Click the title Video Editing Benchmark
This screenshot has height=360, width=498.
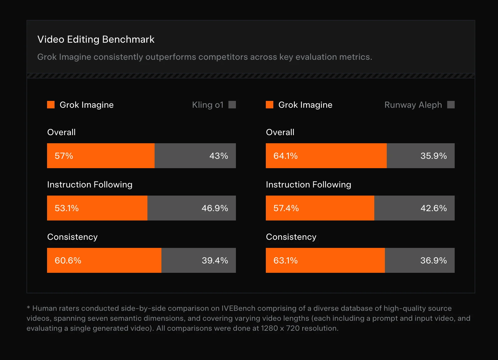tap(96, 40)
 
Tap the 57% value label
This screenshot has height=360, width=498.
tap(64, 156)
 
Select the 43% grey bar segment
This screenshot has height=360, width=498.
tap(195, 156)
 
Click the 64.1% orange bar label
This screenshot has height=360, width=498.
tap(285, 156)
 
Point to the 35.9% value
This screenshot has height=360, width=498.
tap(433, 156)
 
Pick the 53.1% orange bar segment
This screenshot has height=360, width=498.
tap(97, 208)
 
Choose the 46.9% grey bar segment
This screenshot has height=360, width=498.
tap(192, 208)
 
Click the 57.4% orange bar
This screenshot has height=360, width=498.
tap(320, 208)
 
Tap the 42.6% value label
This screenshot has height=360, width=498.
tap(433, 208)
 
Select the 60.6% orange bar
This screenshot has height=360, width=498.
tap(104, 260)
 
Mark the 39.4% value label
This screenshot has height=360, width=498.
tap(215, 260)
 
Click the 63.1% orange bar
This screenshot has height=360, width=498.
tap(325, 260)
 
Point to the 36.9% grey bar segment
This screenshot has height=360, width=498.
tap(419, 260)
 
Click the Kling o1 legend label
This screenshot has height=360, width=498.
tap(208, 105)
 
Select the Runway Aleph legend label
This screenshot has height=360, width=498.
tap(413, 105)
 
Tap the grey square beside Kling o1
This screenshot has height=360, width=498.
tap(232, 105)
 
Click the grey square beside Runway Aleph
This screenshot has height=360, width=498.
tap(451, 105)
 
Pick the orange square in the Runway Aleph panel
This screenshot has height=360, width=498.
tap(270, 105)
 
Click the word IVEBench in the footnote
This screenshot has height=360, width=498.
tap(238, 308)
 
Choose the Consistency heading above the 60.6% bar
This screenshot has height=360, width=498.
tap(72, 237)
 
